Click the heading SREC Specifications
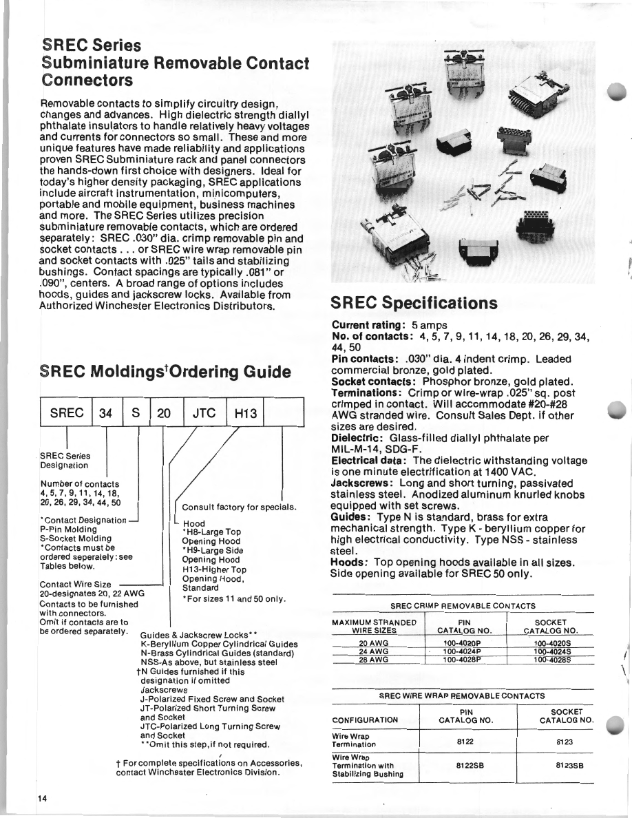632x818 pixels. click(x=414, y=304)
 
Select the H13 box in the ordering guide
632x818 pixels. click(x=245, y=414)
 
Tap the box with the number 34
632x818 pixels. click(x=106, y=414)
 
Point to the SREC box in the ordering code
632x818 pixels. click(x=67, y=414)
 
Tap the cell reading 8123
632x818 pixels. click(x=565, y=742)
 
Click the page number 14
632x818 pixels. click(x=43, y=798)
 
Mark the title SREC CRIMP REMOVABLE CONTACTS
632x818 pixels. click(x=463, y=606)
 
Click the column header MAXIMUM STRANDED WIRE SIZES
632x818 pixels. click(x=375, y=626)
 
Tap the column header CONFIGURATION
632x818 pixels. click(x=365, y=720)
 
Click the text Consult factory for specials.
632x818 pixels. click(x=239, y=507)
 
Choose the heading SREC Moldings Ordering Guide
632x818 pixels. click(x=166, y=373)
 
